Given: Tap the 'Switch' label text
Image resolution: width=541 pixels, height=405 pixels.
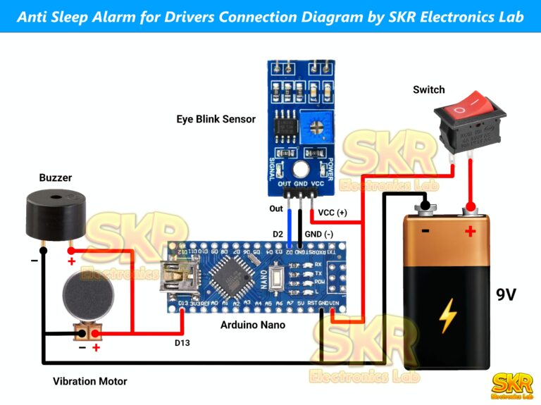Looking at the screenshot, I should click(x=428, y=89).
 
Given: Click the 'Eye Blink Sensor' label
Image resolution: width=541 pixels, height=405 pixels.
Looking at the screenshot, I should click(x=216, y=119).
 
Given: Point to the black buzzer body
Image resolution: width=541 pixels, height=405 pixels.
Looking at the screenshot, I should click(x=56, y=214).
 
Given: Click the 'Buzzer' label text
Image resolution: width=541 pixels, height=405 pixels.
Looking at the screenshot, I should click(x=55, y=177).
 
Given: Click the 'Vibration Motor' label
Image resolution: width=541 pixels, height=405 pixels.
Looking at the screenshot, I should click(x=90, y=381).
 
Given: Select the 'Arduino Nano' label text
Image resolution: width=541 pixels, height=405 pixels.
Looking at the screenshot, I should click(x=253, y=325).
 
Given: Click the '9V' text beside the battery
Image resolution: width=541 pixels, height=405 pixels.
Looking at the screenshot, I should click(x=506, y=294).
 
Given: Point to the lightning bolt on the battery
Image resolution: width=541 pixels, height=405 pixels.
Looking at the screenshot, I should click(x=447, y=316).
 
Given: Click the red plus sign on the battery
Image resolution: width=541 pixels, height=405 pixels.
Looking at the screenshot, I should click(x=470, y=230).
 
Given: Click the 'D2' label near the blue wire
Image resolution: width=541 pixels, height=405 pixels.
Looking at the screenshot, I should click(x=279, y=233).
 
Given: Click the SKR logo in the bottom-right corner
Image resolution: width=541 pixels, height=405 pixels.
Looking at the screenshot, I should click(x=511, y=386).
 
